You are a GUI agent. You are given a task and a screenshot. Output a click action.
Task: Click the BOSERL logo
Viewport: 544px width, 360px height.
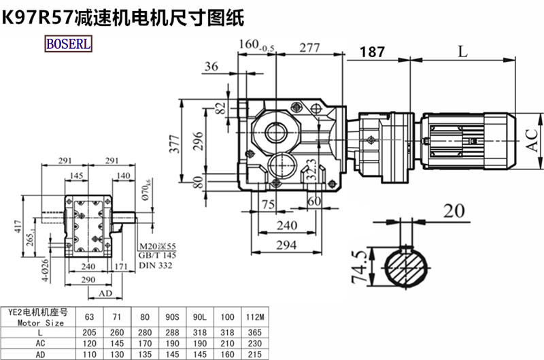69,44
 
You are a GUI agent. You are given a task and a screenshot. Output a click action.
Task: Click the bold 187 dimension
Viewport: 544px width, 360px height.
373,51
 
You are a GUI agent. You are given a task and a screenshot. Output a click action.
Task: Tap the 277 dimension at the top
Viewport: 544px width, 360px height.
309,48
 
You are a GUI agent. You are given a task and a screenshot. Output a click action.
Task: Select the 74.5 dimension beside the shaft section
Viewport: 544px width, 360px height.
364,266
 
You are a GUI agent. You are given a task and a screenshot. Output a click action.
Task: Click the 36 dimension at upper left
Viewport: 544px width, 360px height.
211,66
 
